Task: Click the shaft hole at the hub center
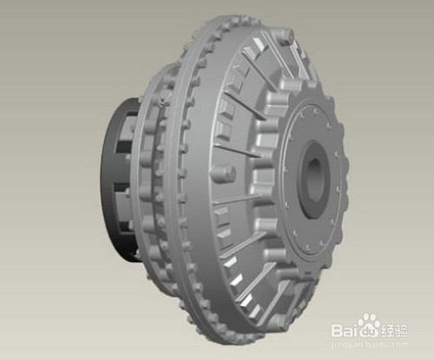pos(315,180)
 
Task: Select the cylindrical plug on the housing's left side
pos(223,174)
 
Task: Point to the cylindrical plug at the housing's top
pos(285,36)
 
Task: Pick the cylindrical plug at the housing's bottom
pos(279,322)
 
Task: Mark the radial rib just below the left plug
pos(236,200)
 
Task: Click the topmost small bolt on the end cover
pos(314,110)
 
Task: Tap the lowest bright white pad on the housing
pos(254,311)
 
